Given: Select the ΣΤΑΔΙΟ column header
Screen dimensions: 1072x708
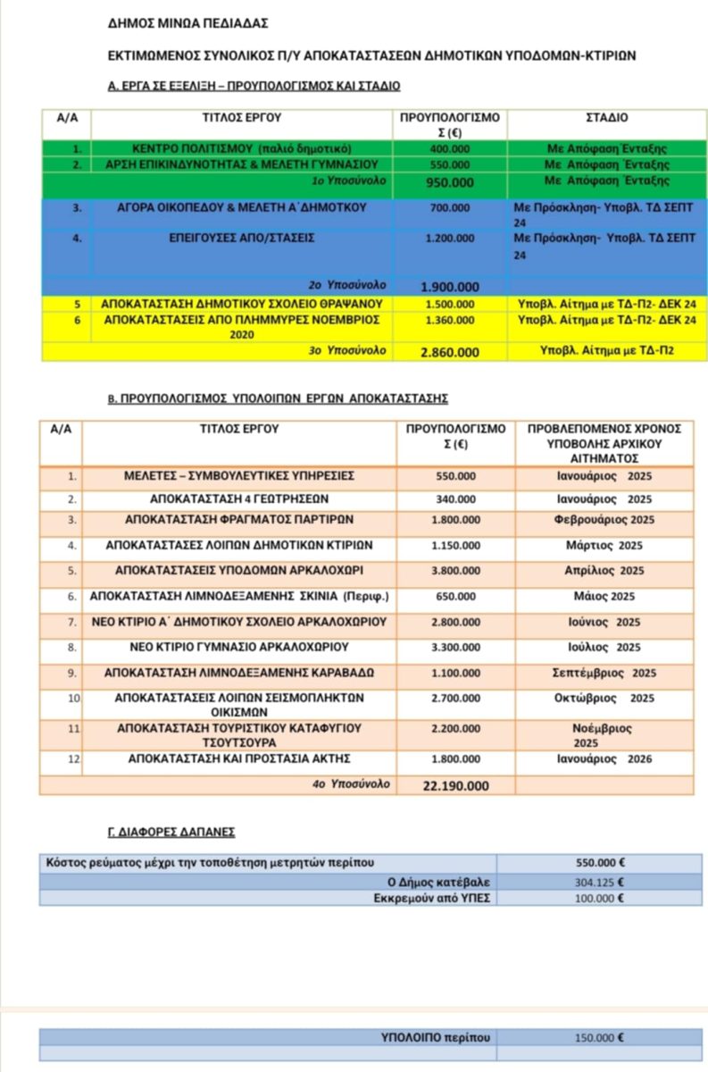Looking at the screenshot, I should click(606, 117).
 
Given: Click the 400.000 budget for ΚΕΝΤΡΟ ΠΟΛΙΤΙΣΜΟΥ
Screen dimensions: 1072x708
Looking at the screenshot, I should click(449, 148).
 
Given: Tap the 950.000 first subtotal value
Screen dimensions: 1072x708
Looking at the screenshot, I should click(449, 181).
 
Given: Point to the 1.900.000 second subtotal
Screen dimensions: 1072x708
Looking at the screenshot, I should click(449, 287).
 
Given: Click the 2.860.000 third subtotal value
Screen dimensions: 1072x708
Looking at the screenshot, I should click(449, 352).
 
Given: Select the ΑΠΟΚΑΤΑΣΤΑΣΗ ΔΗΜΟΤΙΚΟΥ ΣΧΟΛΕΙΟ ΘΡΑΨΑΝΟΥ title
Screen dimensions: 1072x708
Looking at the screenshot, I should click(242, 304).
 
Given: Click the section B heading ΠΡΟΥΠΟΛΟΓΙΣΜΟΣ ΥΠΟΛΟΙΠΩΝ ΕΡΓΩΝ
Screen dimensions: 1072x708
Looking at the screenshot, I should click(277, 398).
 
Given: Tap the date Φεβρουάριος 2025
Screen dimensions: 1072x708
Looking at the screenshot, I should click(604, 520).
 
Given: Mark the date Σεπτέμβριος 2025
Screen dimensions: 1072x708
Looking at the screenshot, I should click(604, 673).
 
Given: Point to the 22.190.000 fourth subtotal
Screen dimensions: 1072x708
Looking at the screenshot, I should click(455, 785).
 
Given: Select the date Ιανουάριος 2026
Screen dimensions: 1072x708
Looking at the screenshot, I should click(604, 759).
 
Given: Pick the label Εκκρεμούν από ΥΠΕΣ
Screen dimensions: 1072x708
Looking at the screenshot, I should click(432, 899).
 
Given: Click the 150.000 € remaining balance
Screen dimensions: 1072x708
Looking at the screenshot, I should click(599, 1038).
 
